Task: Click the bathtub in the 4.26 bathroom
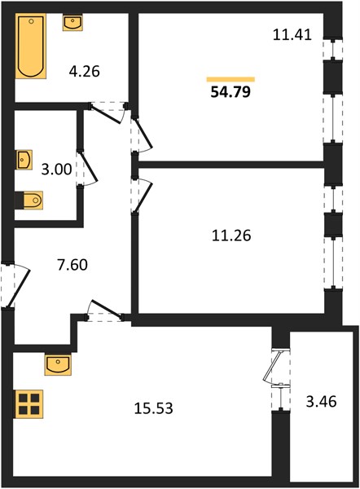(31, 46)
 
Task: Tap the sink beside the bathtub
(72, 23)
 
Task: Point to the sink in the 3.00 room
(24, 160)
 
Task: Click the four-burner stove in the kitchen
(29, 404)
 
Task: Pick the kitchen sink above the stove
(58, 364)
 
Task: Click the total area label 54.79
(230, 92)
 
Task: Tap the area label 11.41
(292, 34)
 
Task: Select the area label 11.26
(231, 236)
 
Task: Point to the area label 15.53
(153, 408)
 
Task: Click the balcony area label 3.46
(322, 401)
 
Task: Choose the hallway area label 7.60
(72, 265)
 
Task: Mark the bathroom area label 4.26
(84, 72)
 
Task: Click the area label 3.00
(56, 170)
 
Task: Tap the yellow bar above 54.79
(230, 79)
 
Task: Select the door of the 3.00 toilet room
(87, 169)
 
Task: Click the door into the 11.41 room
(141, 134)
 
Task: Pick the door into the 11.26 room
(141, 196)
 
